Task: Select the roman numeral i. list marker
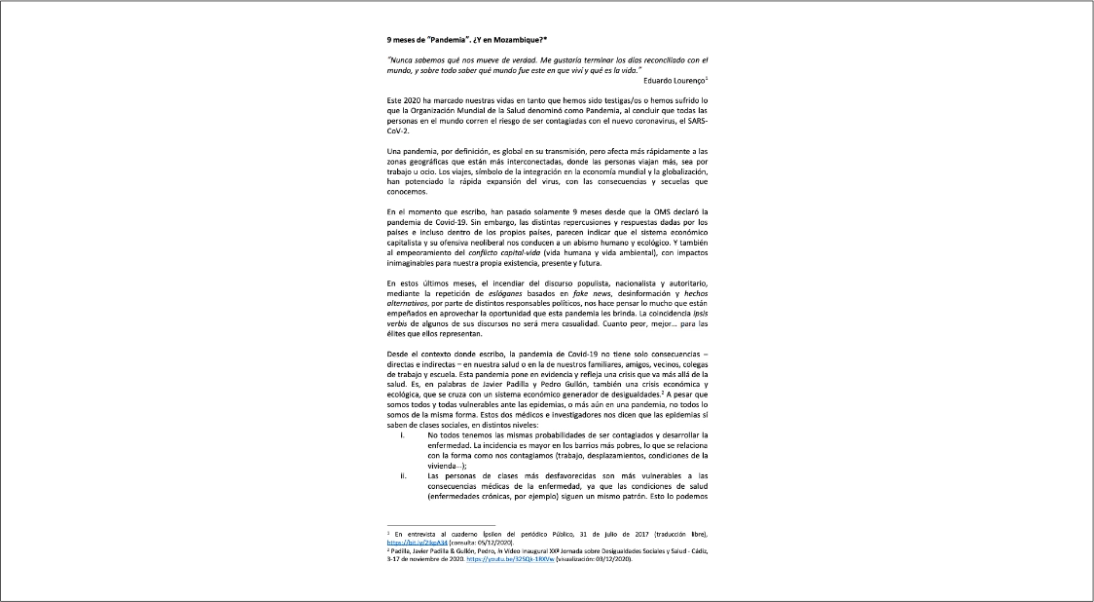(402, 434)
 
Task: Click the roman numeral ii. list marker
(402, 475)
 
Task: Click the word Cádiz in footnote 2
(697, 551)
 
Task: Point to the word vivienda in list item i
(447, 466)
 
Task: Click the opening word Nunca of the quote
(401, 60)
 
